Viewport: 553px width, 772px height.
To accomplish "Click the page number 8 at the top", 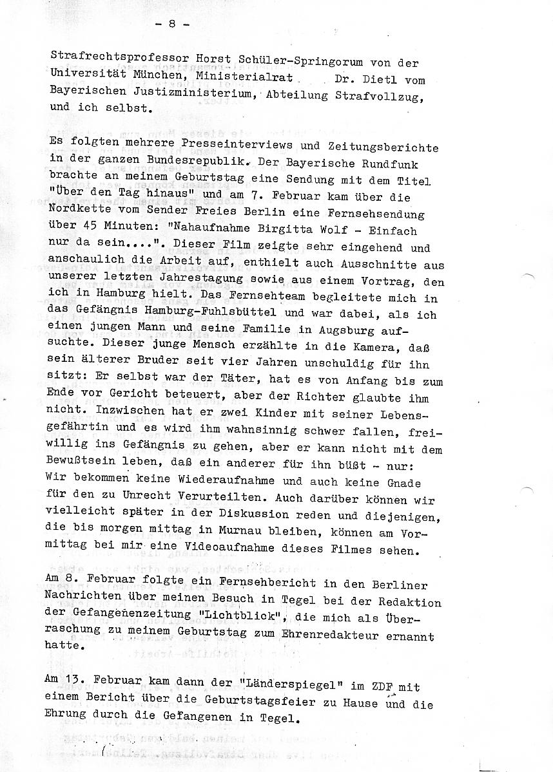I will pyautogui.click(x=172, y=24).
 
